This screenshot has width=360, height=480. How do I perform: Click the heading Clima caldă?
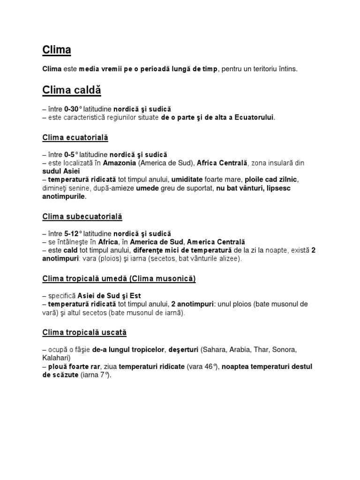(x=72, y=90)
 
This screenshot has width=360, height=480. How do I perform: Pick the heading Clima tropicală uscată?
(x=84, y=332)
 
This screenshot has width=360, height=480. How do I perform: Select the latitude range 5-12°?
(x=74, y=233)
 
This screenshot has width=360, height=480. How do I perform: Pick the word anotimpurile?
(x=64, y=196)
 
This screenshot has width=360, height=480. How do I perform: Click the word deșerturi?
(x=183, y=350)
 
